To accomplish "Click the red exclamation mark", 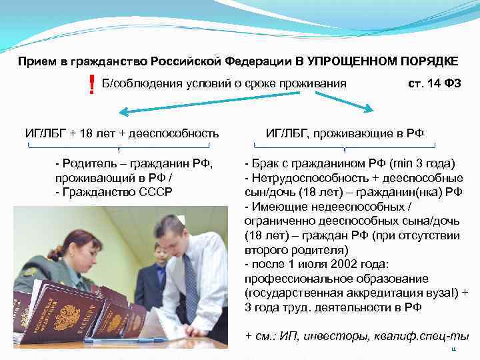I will [x=91, y=85].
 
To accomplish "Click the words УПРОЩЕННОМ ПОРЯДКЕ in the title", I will [x=382, y=61].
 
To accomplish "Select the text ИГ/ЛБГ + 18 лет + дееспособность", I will [x=122, y=133].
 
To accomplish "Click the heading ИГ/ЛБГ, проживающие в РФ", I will [x=344, y=133].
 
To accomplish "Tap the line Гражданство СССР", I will [x=117, y=191].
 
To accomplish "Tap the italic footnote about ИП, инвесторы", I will [x=357, y=336].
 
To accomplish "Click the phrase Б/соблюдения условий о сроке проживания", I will [x=224, y=83].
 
